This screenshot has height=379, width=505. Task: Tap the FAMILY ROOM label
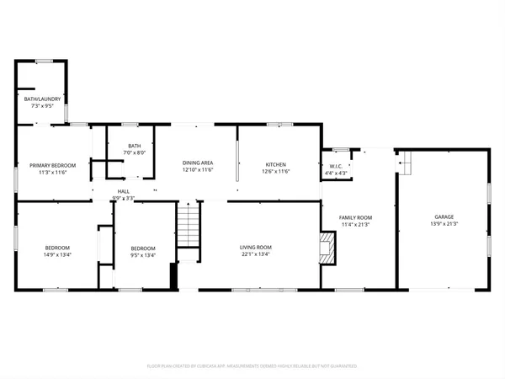tap(355, 217)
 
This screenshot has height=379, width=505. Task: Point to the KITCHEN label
tap(277, 163)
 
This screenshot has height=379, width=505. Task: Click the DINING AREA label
tap(198, 163)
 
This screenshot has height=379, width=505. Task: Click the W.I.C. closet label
tap(334, 167)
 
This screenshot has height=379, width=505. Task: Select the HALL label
tap(123, 192)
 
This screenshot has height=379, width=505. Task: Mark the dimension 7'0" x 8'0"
tap(135, 153)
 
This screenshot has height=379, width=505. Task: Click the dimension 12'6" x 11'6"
tap(277, 171)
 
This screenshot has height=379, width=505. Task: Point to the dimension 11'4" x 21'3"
tap(355, 224)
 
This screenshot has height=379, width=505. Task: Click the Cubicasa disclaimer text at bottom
tap(252, 366)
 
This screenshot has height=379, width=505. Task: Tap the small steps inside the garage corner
tap(404, 162)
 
